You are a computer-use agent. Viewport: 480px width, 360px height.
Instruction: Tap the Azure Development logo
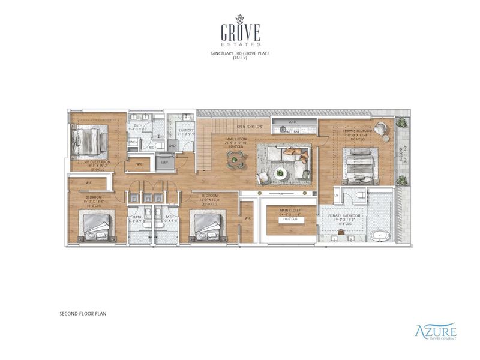(x=436, y=331)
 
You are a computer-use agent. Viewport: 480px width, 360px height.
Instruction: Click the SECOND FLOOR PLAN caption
(x=83, y=313)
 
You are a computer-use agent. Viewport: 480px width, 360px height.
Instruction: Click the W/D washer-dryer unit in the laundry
(x=172, y=145)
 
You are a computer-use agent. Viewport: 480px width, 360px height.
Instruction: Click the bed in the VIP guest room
(x=90, y=143)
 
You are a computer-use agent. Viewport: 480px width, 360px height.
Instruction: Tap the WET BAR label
(x=293, y=131)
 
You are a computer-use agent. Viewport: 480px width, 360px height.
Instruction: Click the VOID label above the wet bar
(x=292, y=122)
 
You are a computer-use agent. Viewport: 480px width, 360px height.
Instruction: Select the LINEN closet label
(x=133, y=142)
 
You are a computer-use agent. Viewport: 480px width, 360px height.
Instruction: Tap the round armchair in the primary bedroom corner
(x=382, y=130)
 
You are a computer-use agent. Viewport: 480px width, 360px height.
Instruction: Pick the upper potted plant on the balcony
(x=401, y=123)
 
